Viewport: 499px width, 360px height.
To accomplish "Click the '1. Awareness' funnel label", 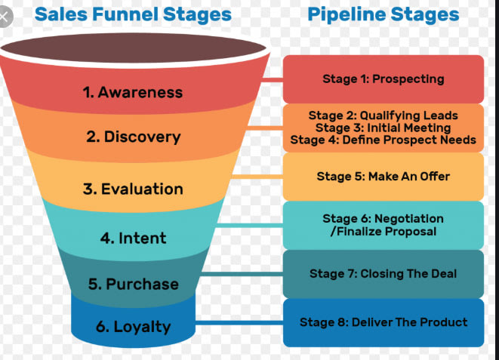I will (132, 93).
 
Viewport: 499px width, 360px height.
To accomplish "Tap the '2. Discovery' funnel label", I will (133, 137).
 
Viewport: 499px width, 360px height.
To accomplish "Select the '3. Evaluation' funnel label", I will (133, 189).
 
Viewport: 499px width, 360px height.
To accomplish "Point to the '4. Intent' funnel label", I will (134, 238).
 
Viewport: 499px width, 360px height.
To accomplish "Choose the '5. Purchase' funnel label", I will (133, 285).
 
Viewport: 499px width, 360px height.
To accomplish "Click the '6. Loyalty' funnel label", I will (133, 328).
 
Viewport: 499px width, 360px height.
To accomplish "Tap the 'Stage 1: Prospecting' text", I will (383, 78).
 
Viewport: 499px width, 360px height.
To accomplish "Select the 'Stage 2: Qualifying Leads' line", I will (383, 115).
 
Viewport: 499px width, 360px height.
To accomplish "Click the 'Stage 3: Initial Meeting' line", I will (383, 128).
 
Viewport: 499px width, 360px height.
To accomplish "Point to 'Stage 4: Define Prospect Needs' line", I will (383, 140).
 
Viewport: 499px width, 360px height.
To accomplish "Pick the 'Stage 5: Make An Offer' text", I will (383, 177).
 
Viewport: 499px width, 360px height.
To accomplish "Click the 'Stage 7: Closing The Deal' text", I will (383, 274).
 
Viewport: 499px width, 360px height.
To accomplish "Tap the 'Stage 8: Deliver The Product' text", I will (383, 322).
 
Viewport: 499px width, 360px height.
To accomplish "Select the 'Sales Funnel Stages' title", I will (133, 14).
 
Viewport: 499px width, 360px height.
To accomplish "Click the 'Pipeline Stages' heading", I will (383, 14).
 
